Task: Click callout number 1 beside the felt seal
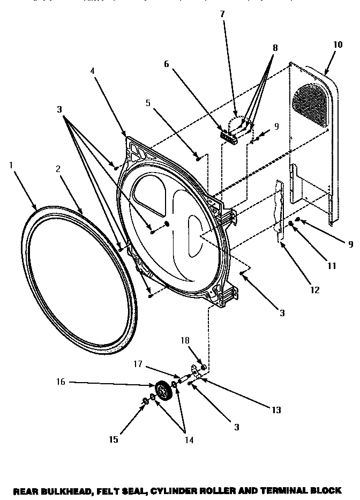(x=10, y=165)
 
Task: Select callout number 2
(x=58, y=168)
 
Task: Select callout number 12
(x=314, y=290)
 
